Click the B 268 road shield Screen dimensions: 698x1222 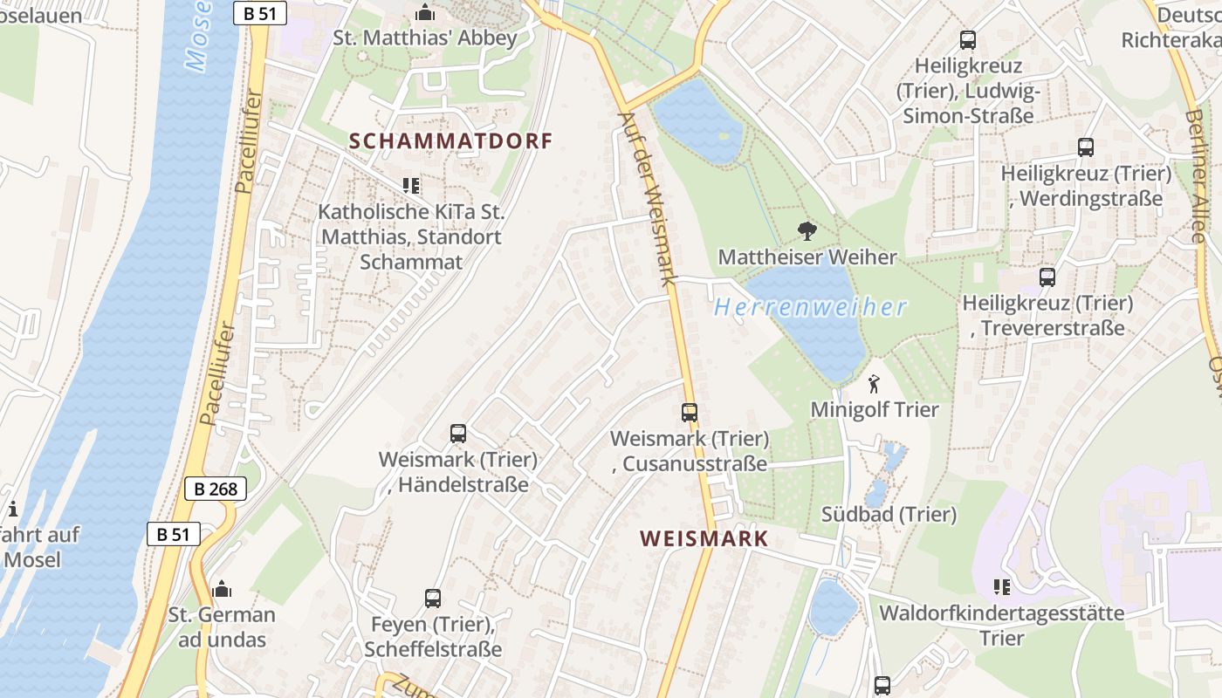tap(216, 489)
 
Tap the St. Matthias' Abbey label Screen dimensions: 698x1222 tap(425, 38)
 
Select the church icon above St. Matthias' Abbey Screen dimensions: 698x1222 tap(425, 12)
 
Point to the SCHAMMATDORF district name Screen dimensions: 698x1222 tap(451, 140)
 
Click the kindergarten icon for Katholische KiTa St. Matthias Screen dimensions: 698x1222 tap(411, 185)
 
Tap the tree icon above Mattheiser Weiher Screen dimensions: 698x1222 tap(807, 231)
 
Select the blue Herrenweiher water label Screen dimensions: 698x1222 tap(811, 307)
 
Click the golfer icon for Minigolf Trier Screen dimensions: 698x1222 tap(874, 384)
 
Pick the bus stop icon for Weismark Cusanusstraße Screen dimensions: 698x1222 tap(690, 413)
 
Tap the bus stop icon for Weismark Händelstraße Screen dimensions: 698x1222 tap(458, 434)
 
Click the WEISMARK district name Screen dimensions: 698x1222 tap(704, 538)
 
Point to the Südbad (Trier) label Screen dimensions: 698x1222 tap(889, 514)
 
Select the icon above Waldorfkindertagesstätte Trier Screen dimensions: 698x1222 tap(1001, 587)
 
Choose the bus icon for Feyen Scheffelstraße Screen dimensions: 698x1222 tap(433, 599)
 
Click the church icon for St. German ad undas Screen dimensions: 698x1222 tap(222, 590)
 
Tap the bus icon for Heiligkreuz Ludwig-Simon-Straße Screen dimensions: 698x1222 tap(968, 40)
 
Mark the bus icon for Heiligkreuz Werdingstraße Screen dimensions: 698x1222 tap(1086, 147)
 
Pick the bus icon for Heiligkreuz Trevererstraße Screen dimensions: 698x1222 tap(1047, 277)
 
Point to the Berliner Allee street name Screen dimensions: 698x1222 tap(1203, 166)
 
